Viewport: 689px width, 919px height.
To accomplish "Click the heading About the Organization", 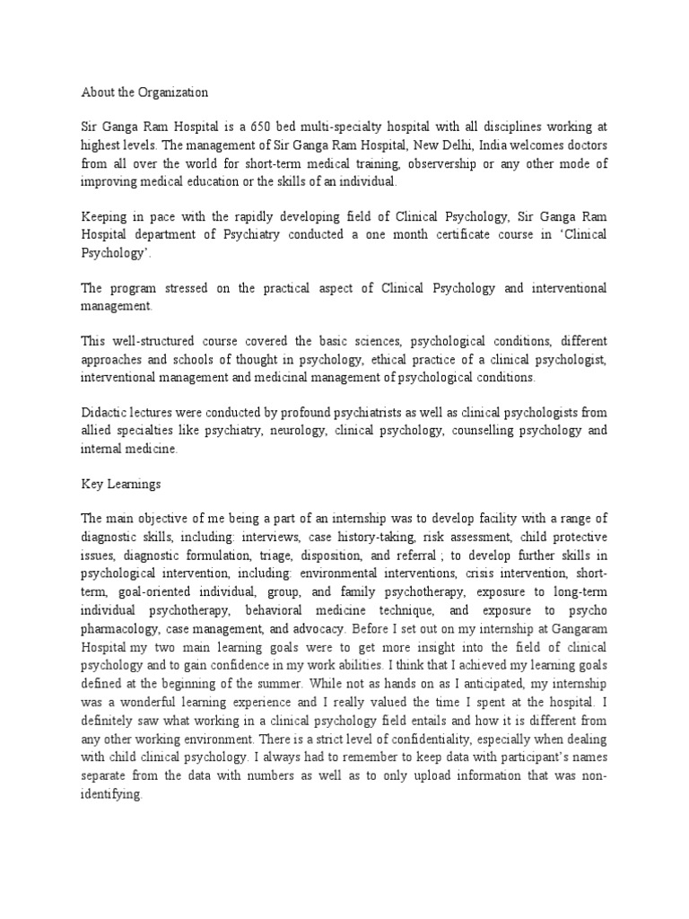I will (x=144, y=92).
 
